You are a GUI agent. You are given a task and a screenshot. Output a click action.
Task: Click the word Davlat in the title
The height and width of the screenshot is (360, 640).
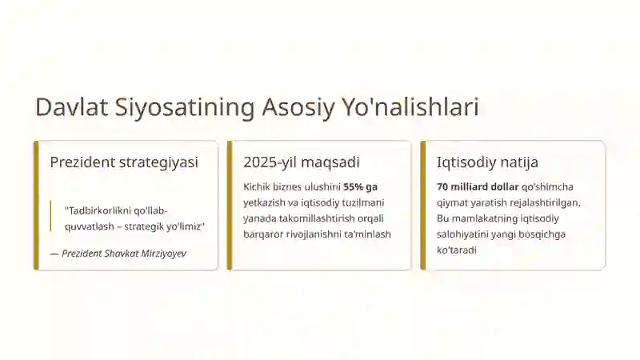coord(71,107)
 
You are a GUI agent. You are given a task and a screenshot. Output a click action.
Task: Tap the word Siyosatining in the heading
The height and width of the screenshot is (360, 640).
coord(185,108)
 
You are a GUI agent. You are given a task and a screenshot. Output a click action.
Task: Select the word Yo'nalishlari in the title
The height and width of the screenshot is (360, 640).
coord(410,107)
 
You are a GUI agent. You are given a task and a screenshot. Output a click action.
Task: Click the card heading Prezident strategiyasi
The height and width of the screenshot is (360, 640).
coord(124,162)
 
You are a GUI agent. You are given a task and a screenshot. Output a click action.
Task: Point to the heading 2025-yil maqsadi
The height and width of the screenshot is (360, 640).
coord(302,162)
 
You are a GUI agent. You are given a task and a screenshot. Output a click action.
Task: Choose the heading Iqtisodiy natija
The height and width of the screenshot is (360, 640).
coord(487,162)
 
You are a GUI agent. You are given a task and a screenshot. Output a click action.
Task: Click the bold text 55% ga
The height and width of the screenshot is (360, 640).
coord(361,187)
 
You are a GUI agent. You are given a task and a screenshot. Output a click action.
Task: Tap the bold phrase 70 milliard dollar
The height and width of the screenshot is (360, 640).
coord(478,187)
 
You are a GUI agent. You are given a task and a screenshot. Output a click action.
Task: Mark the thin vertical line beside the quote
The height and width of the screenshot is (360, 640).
coord(50,216)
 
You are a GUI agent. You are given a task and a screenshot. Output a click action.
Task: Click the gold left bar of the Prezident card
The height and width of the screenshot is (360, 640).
coord(36,206)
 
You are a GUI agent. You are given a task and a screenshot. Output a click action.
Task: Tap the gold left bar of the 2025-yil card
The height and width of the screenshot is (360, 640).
coord(230,206)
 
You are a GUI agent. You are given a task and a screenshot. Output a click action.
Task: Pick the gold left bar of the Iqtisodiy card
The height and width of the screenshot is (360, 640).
coord(423,206)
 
